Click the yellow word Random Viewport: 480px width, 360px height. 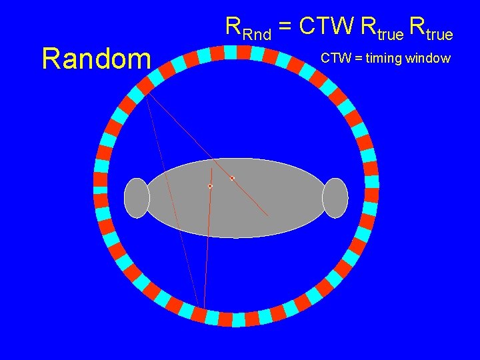point(96,59)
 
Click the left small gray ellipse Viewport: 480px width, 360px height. point(137,198)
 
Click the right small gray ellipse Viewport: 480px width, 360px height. point(335,198)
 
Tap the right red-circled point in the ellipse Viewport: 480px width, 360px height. point(232,178)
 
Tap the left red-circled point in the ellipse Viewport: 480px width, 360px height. point(210,186)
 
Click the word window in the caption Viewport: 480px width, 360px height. point(429,59)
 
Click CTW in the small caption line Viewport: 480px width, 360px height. point(334,59)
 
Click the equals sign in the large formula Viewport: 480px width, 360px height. point(284,28)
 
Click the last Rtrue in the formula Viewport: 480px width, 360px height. point(431,28)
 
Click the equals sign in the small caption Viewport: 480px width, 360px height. point(355,59)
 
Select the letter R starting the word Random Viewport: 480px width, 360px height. point(51,59)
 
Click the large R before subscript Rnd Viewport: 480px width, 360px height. point(233,26)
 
